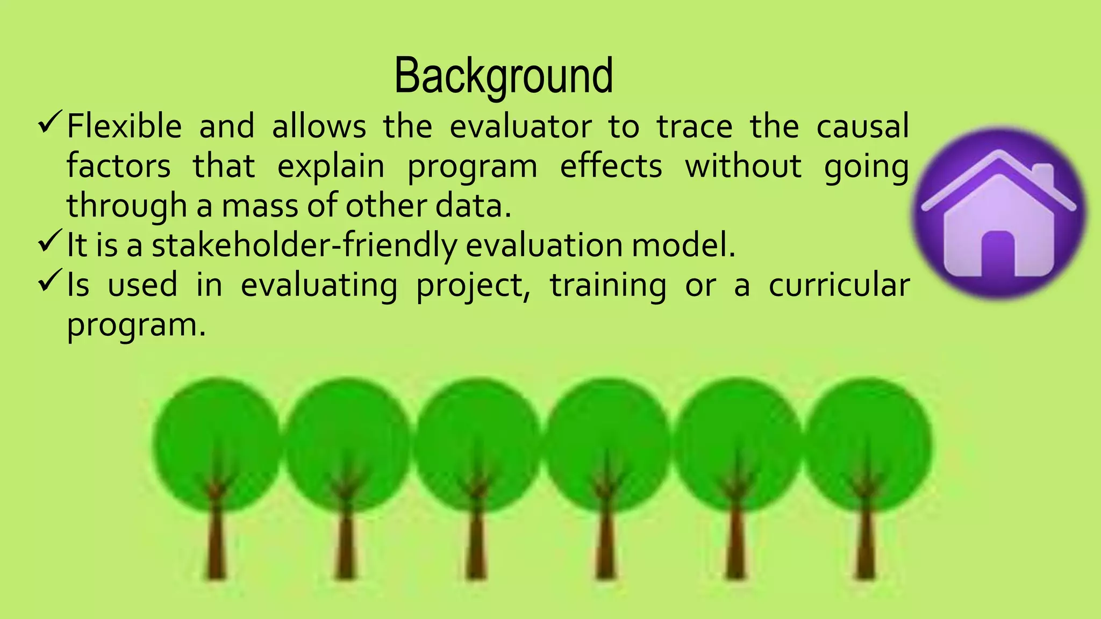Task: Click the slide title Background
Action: pos(503,76)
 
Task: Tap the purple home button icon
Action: pos(999,214)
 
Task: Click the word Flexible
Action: pos(124,126)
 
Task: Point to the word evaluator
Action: pos(520,126)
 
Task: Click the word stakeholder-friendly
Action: pos(304,246)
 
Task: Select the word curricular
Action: pos(838,285)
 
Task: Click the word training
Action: pos(607,285)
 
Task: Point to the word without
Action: pos(743,166)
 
